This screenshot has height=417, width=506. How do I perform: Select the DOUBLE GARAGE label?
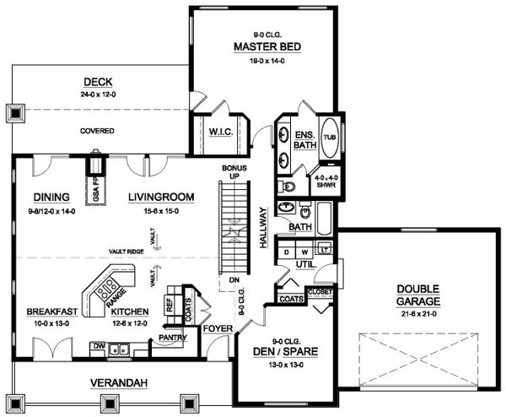tap(420, 295)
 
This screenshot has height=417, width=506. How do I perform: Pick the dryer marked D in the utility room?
tap(287, 252)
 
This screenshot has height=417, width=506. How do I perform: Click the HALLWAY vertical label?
tap(263, 227)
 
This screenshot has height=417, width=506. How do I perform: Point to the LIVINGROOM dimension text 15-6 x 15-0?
tap(161, 211)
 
